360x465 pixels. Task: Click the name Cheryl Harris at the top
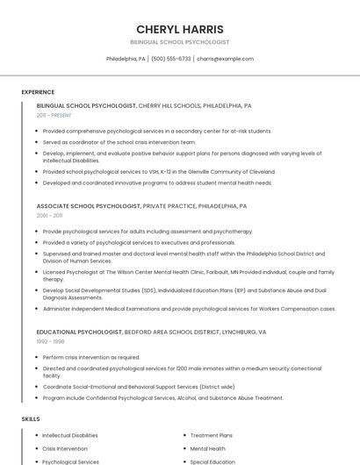tap(180, 29)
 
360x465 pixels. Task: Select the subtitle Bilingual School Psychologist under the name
tap(180, 42)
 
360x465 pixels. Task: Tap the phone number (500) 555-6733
tap(170, 59)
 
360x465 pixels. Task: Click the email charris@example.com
tap(225, 59)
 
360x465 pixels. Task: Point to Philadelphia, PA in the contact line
tap(126, 59)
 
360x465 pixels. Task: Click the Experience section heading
tap(38, 92)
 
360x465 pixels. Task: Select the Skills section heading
tap(31, 419)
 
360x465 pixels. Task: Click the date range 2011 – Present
tap(54, 115)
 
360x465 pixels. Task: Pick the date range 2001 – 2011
tap(49, 215)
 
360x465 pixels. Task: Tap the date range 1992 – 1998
tap(50, 341)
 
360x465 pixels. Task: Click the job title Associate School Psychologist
tap(88, 206)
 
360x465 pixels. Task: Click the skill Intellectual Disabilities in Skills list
tap(70, 435)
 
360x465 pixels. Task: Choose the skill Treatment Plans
tap(212, 435)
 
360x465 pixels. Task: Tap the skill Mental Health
tap(208, 448)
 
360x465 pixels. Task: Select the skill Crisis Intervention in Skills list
tap(65, 448)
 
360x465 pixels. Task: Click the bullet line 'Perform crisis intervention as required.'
tap(91, 357)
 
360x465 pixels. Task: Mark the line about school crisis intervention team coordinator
tap(119, 141)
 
